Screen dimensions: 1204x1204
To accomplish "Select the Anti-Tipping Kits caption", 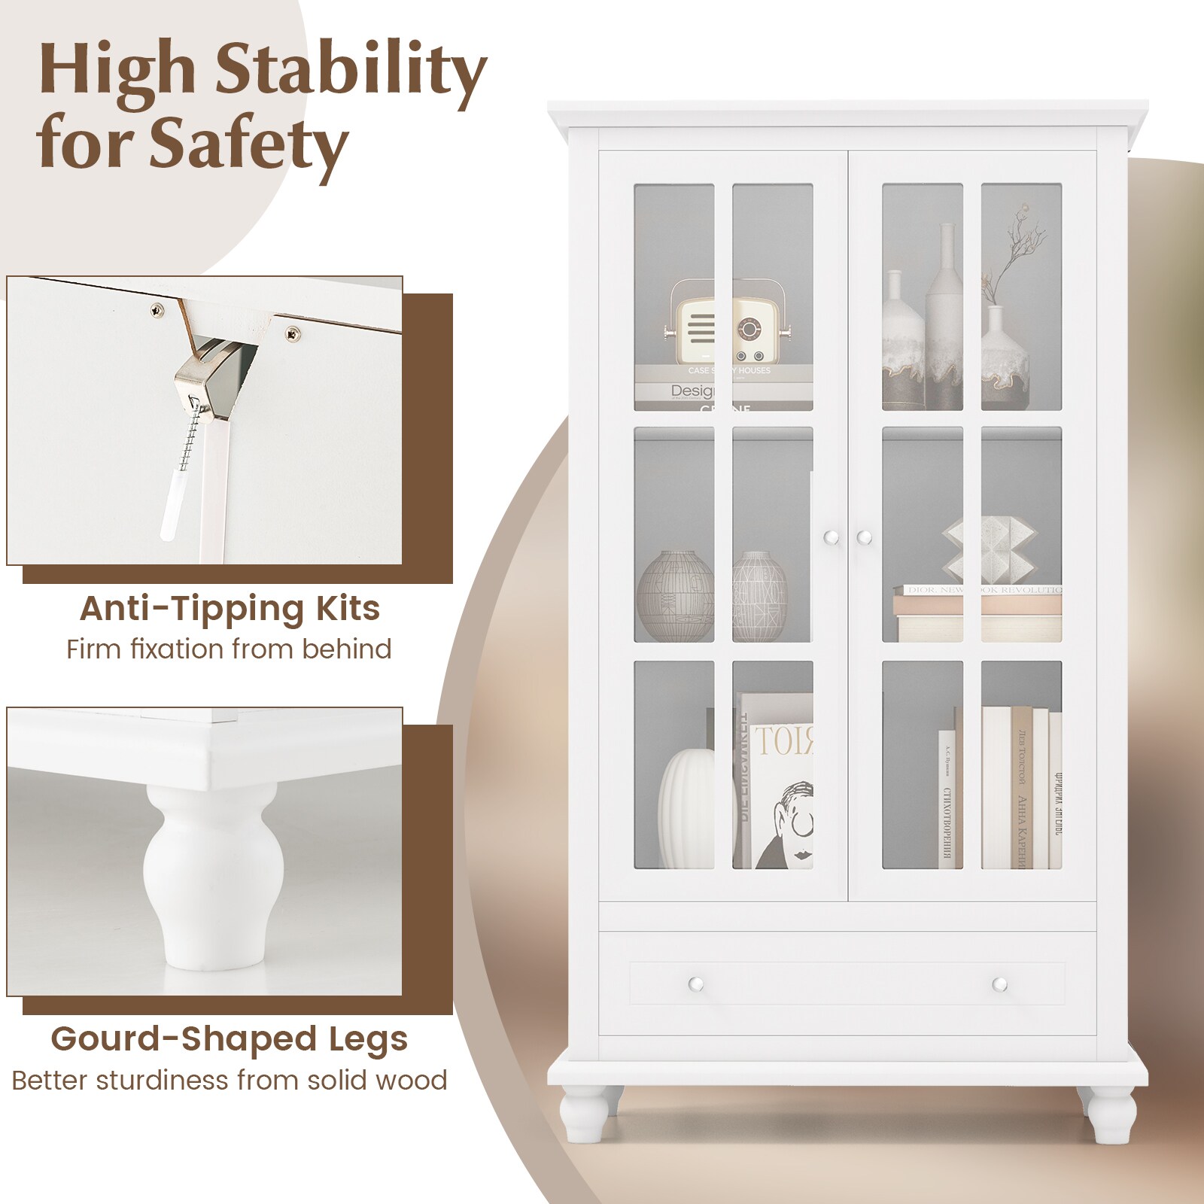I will (230, 608).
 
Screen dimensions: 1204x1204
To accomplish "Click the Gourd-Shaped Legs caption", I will (230, 1039).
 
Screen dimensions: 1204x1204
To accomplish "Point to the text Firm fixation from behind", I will (230, 649).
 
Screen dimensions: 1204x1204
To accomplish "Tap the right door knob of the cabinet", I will (864, 537).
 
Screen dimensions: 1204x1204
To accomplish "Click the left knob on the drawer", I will (695, 984).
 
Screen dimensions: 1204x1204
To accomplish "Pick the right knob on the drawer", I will (999, 984).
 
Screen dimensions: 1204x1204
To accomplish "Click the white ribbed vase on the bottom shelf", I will (686, 809).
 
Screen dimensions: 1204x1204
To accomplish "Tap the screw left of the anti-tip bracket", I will (157, 309).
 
